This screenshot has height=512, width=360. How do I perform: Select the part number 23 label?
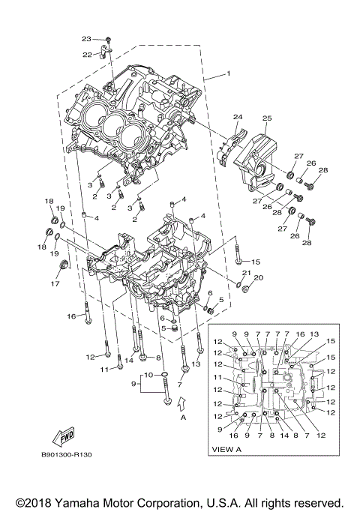pos(86,38)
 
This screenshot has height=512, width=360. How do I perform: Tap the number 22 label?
pos(87,54)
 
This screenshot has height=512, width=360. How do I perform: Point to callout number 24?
pos(238,117)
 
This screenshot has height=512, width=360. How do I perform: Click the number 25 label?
pos(266,118)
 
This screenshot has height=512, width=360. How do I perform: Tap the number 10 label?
pos(149,374)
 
